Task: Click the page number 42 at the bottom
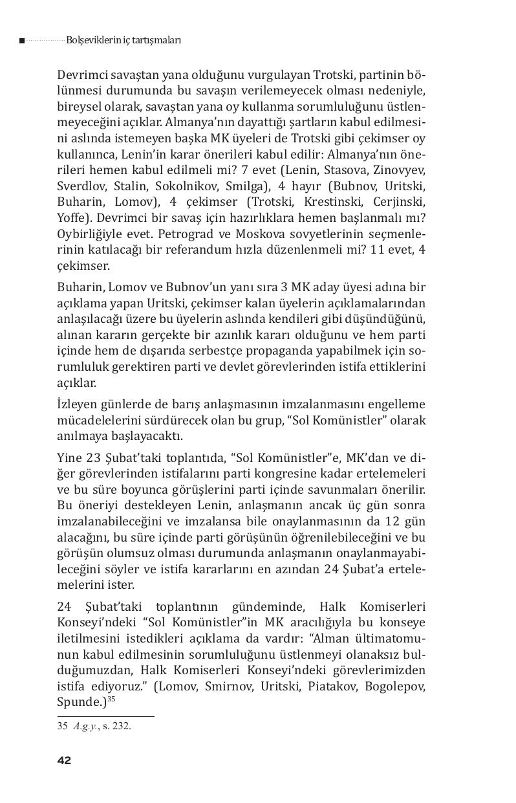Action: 63,760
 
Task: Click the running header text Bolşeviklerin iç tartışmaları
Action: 123,40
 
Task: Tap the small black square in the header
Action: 22,41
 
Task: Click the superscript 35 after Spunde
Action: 111,699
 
